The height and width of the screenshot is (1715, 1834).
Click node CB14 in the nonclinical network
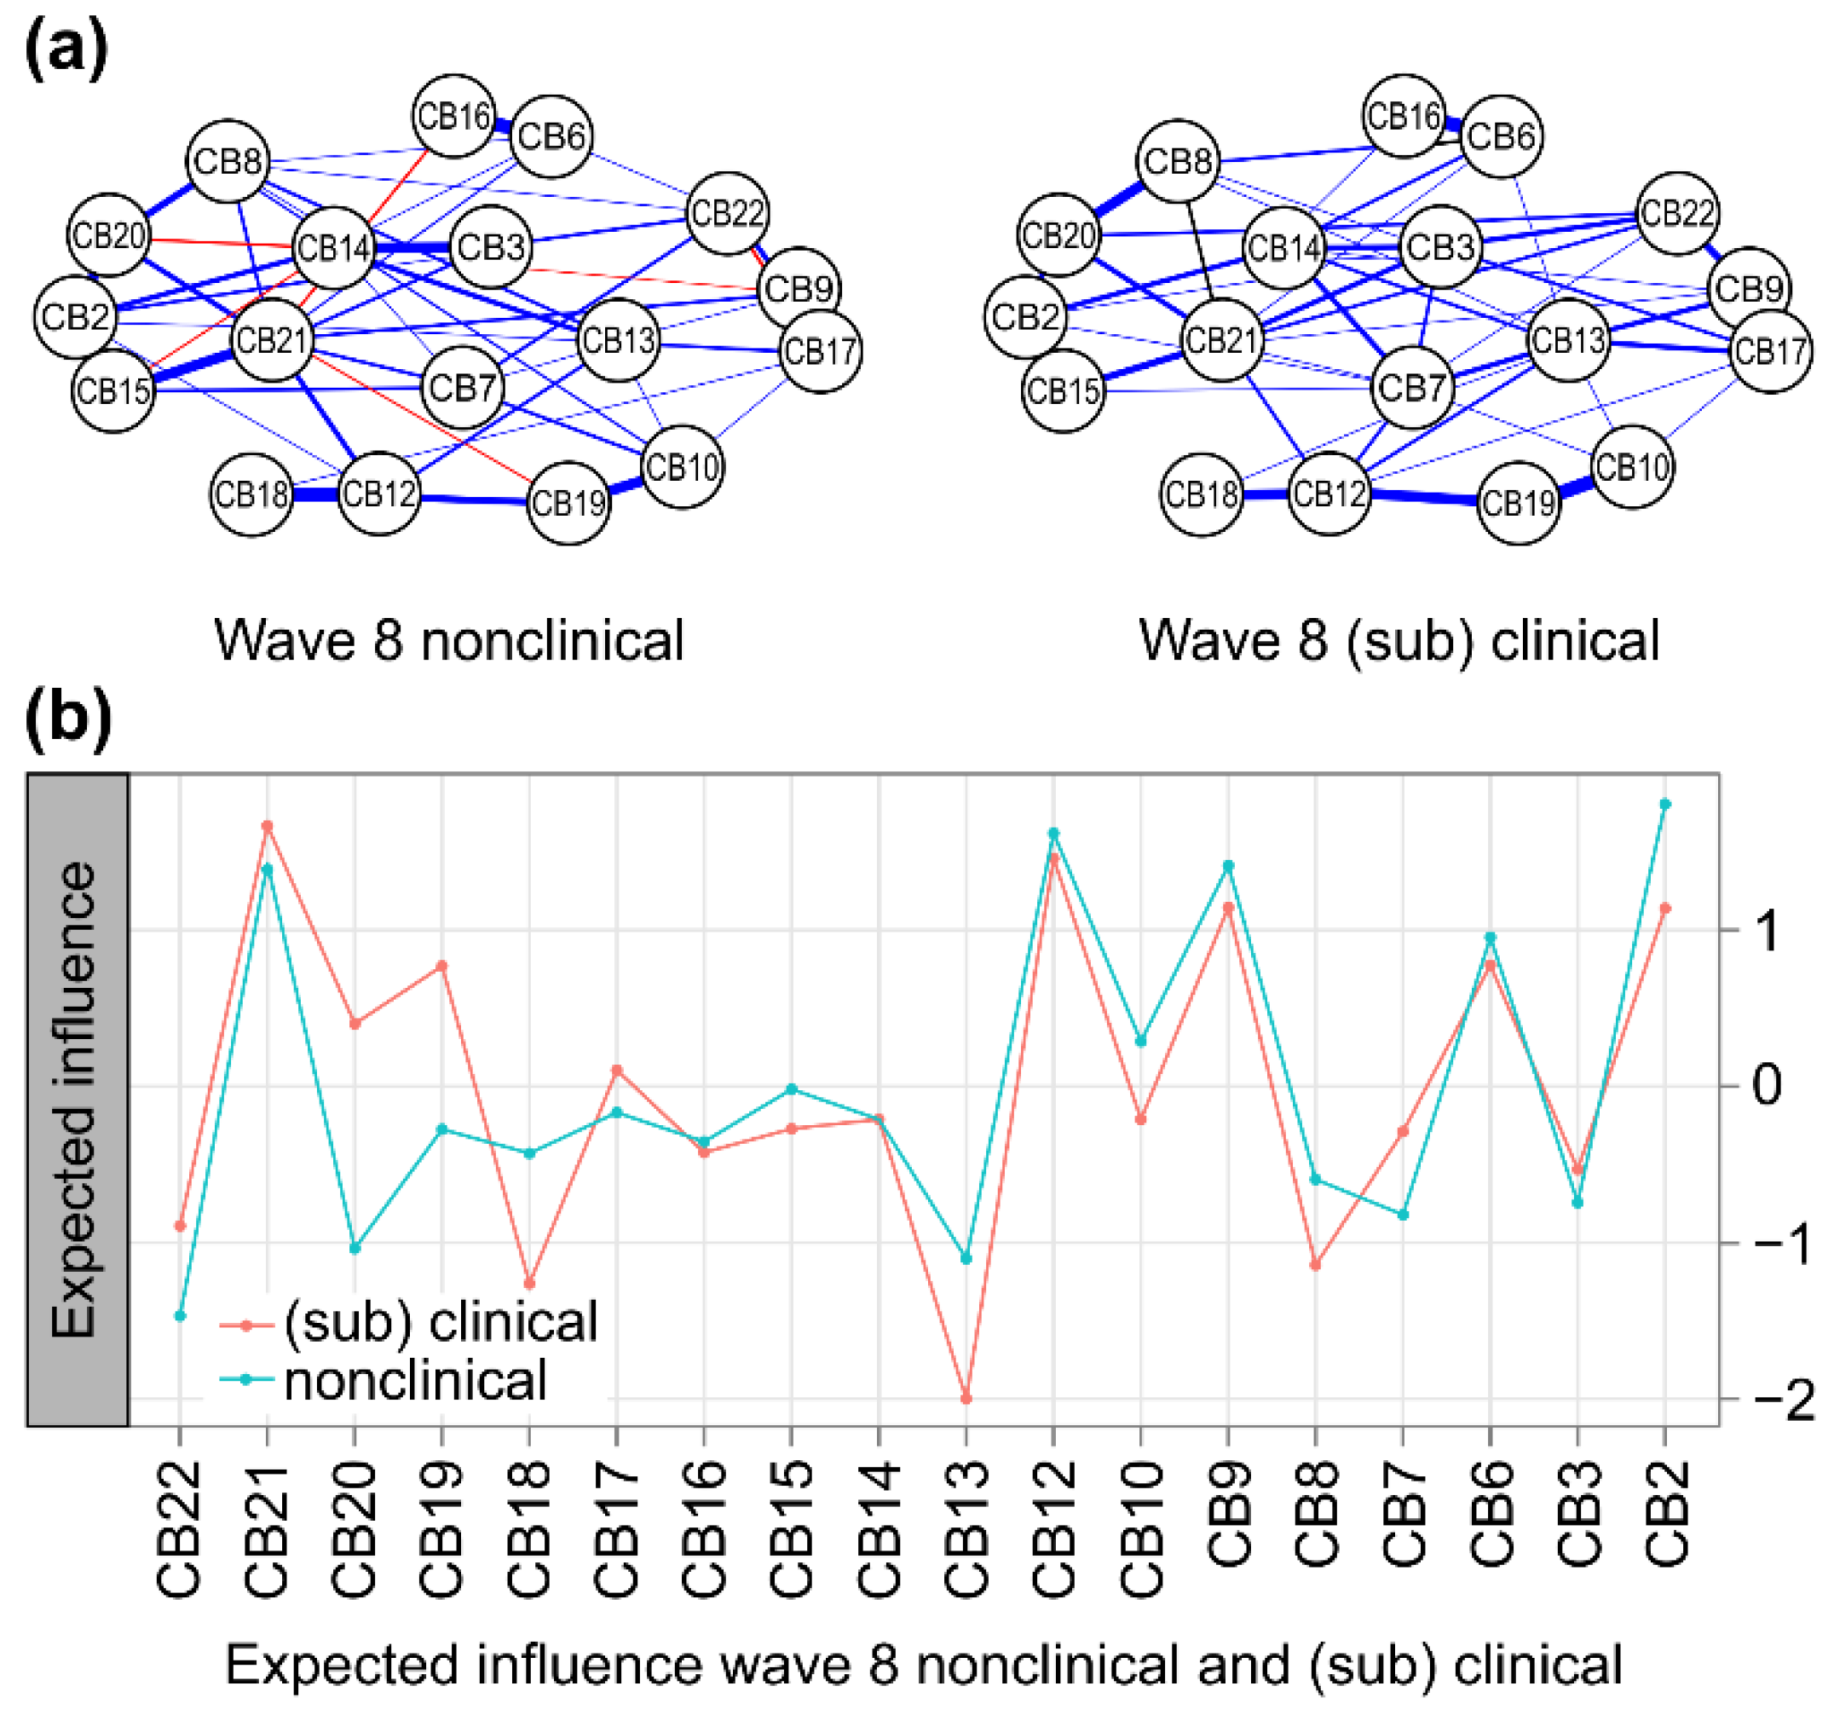pyautogui.click(x=333, y=247)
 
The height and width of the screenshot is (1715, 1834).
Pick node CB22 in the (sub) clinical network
pyautogui.click(x=1677, y=213)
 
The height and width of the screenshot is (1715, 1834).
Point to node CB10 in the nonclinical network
pyautogui.click(x=682, y=467)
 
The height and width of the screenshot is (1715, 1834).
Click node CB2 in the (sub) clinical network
pyautogui.click(x=1024, y=316)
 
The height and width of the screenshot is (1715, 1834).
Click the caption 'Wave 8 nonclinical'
pyautogui.click(x=449, y=639)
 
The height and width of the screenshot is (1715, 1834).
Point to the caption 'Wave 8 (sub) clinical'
pyautogui.click(x=1399, y=639)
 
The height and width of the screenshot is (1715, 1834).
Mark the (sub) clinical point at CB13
pyautogui.click(x=966, y=1400)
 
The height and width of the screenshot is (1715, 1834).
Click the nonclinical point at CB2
pyautogui.click(x=1665, y=805)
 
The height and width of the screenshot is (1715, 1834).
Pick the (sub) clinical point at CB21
pyautogui.click(x=268, y=826)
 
